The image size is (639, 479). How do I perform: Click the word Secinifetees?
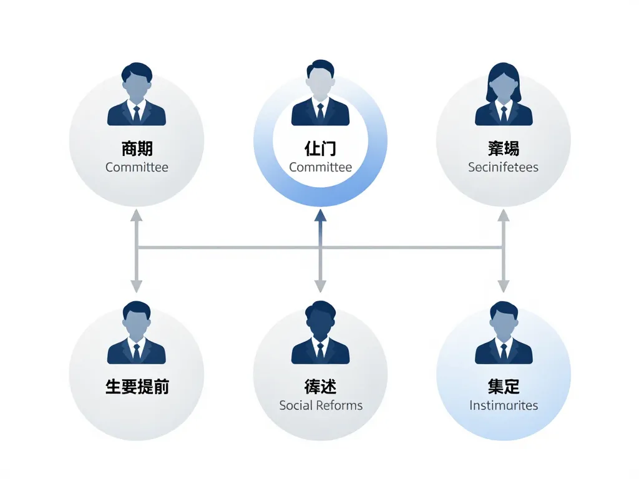click(x=503, y=167)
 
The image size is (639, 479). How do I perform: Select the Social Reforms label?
click(x=321, y=405)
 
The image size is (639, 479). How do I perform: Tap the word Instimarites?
click(x=503, y=405)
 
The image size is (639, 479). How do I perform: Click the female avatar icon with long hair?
click(x=504, y=94)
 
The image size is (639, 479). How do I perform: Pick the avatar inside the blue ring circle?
click(x=320, y=94)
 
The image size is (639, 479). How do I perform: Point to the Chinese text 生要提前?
click(x=137, y=387)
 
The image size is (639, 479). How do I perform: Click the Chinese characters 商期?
click(x=137, y=148)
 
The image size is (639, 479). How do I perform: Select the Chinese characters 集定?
click(x=503, y=387)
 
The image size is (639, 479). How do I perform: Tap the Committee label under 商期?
click(x=137, y=167)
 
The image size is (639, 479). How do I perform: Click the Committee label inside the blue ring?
click(x=320, y=167)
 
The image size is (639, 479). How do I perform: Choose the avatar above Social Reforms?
click(x=320, y=333)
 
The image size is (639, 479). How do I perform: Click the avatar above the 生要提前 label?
click(x=137, y=333)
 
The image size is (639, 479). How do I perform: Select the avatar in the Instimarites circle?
click(x=504, y=333)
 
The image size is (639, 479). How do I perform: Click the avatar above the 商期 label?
click(x=137, y=94)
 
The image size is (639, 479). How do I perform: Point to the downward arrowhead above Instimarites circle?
click(x=504, y=286)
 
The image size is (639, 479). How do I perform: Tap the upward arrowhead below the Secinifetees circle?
click(x=504, y=216)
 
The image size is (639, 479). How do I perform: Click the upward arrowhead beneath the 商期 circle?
click(x=137, y=216)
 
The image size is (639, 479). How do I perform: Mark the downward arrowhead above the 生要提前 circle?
click(x=137, y=286)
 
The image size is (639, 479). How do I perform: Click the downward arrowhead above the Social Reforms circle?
click(x=320, y=286)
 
